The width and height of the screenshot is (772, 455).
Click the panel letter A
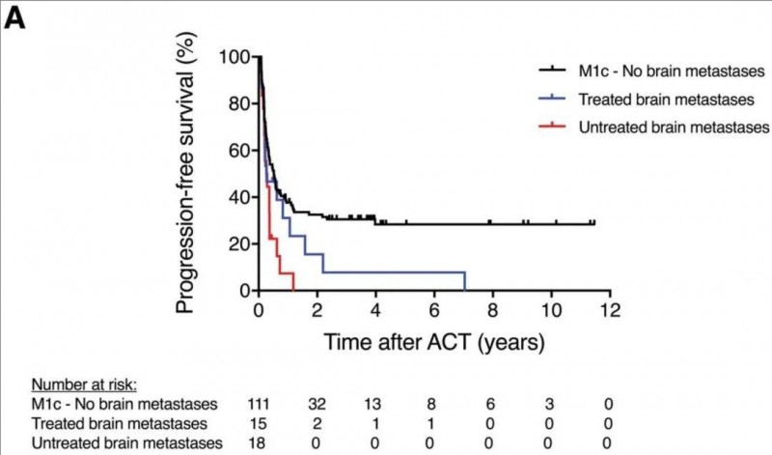click(x=15, y=18)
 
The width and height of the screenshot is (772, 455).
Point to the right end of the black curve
click(x=593, y=223)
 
